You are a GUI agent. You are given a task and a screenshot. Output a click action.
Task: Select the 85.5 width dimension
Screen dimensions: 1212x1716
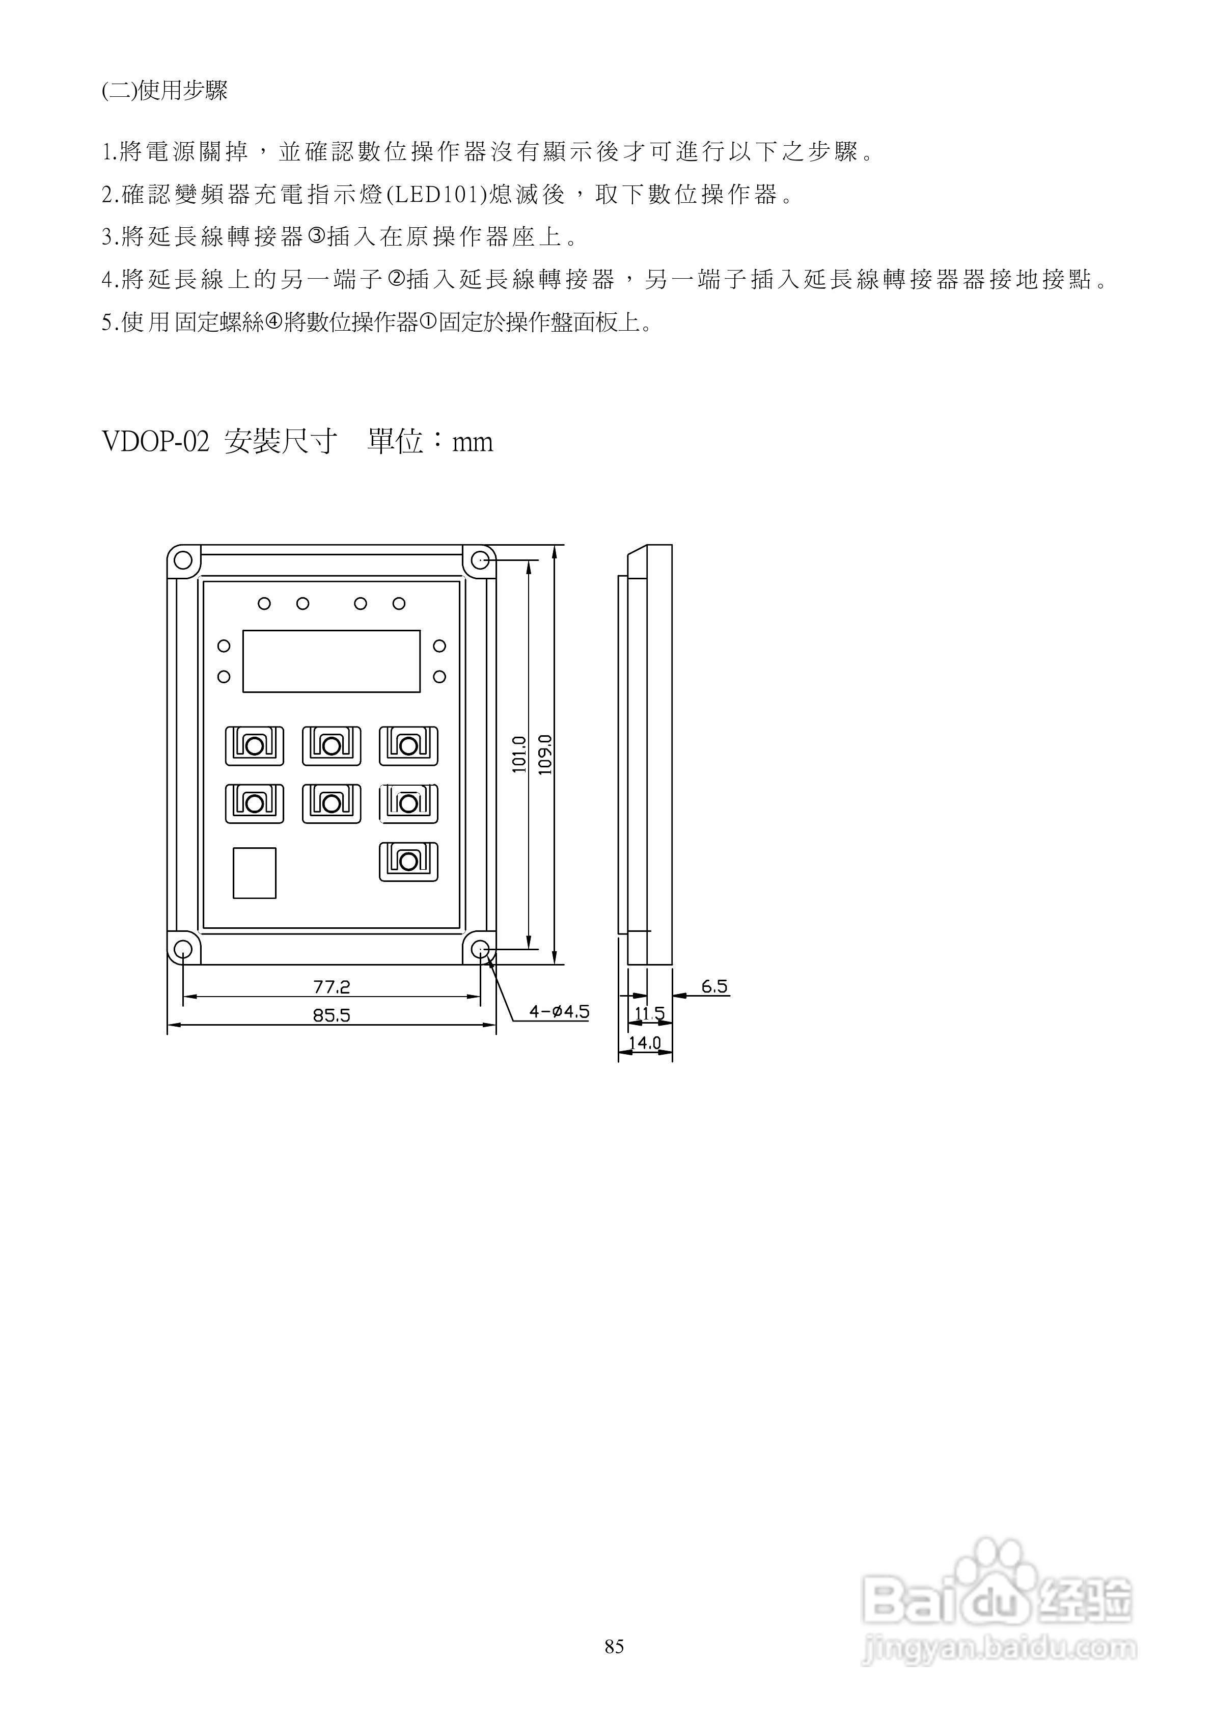pos(331,1015)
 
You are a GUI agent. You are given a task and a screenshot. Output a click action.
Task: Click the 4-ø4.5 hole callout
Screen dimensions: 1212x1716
pos(559,1012)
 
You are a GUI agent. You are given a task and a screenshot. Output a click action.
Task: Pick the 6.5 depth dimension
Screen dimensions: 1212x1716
pos(714,986)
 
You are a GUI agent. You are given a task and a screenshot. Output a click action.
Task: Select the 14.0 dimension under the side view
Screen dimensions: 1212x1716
pos(644,1042)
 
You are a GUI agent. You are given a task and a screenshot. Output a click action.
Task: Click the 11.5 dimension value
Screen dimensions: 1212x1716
pos(649,1013)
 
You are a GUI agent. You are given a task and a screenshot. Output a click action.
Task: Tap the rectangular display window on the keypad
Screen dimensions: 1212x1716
pos(331,661)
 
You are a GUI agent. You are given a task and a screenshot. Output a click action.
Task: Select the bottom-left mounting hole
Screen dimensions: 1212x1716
pos(182,949)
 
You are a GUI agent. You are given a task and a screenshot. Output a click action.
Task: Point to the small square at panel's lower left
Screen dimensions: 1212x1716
pos(254,872)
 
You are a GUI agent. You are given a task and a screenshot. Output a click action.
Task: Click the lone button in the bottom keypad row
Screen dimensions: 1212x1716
pos(408,861)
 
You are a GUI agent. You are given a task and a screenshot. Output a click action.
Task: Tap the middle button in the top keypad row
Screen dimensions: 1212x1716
pos(331,745)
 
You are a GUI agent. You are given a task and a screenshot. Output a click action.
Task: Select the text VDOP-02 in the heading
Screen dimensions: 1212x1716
pos(155,442)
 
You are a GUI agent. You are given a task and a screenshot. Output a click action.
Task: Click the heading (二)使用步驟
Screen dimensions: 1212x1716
pos(164,91)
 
